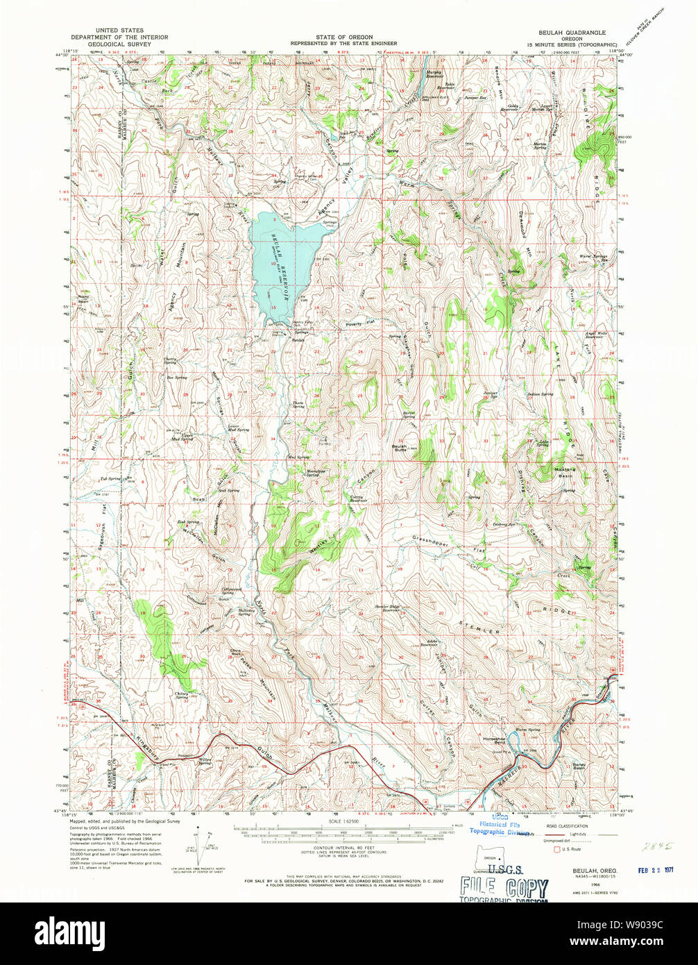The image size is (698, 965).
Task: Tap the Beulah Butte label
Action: pyautogui.click(x=400, y=448)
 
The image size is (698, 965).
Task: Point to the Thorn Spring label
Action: pyautogui.click(x=298, y=404)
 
